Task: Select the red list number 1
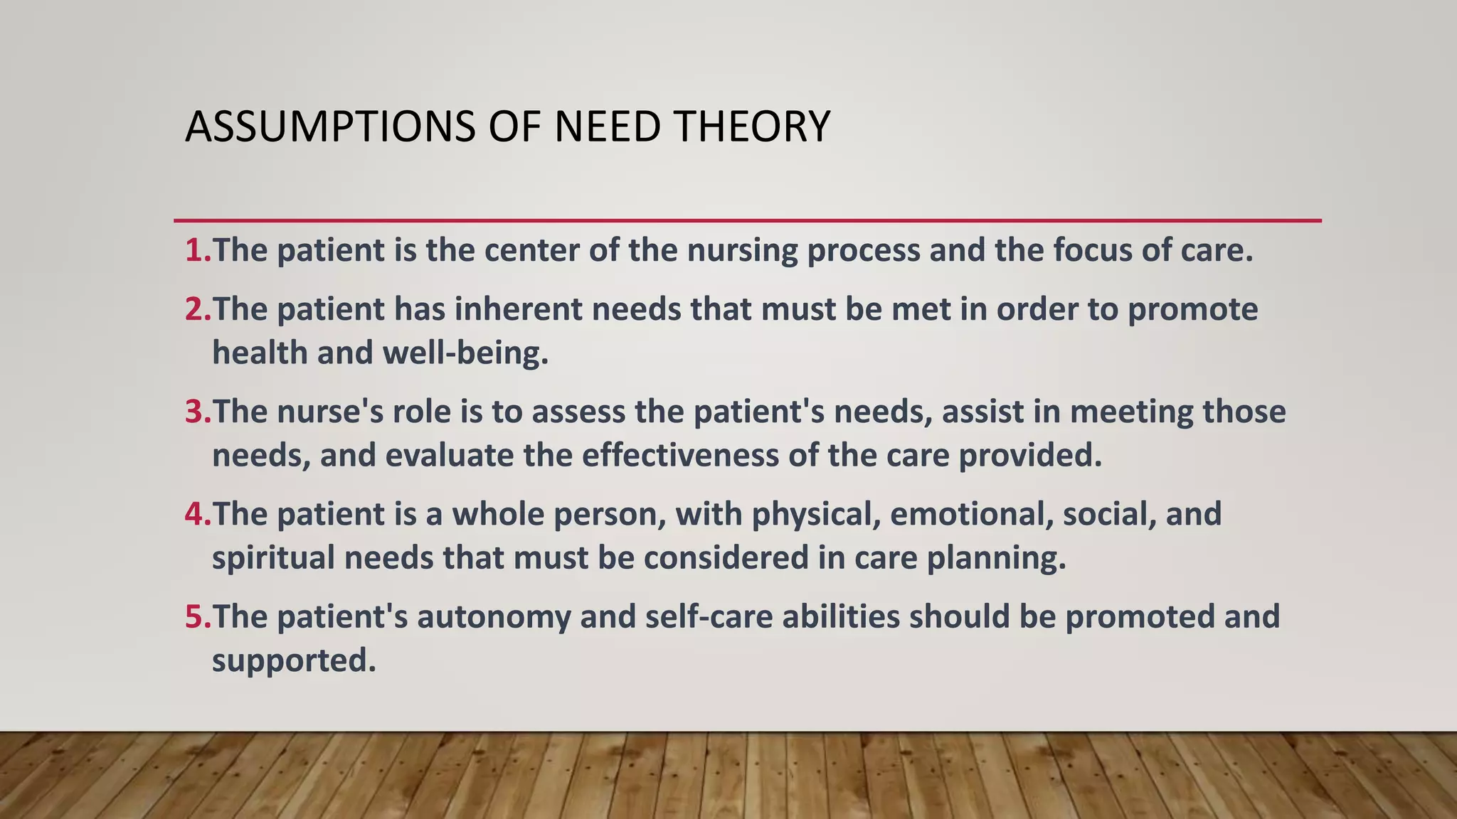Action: click(196, 250)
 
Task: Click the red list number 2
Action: click(196, 309)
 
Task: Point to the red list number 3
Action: click(196, 412)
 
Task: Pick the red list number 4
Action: click(196, 514)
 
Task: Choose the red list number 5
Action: click(196, 616)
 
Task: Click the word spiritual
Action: click(273, 558)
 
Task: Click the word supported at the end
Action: click(293, 661)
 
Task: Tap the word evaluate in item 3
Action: click(449, 456)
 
